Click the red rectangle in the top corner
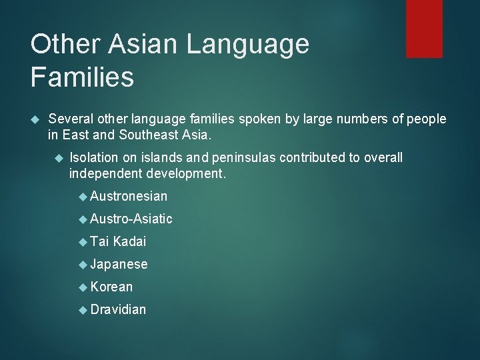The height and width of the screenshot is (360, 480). (425, 28)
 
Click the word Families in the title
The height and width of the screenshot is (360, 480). (82, 77)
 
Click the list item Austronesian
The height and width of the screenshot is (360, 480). (129, 196)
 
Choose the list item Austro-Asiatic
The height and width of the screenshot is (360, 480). (131, 219)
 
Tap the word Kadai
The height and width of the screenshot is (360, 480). (129, 241)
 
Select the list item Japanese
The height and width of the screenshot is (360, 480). (119, 265)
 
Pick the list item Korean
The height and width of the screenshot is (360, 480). (111, 287)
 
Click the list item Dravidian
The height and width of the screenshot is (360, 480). (118, 309)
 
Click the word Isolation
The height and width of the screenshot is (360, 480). (94, 157)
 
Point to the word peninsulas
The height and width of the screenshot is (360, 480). (244, 158)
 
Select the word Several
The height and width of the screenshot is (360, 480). (69, 119)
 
